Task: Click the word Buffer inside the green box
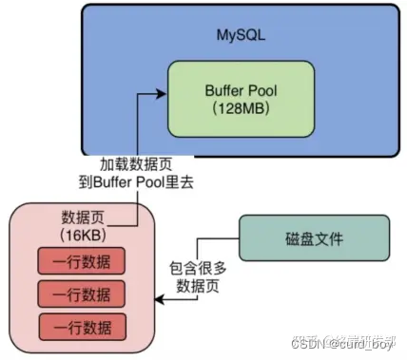coord(225,91)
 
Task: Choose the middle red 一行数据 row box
coord(82,294)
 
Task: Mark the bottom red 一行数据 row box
coord(82,327)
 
